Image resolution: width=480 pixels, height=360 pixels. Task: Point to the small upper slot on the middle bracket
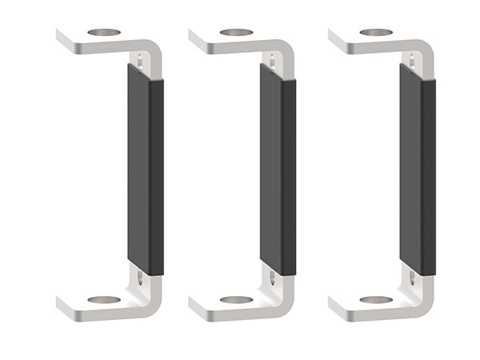(274, 58)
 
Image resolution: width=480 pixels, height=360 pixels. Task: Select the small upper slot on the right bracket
(414, 58)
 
